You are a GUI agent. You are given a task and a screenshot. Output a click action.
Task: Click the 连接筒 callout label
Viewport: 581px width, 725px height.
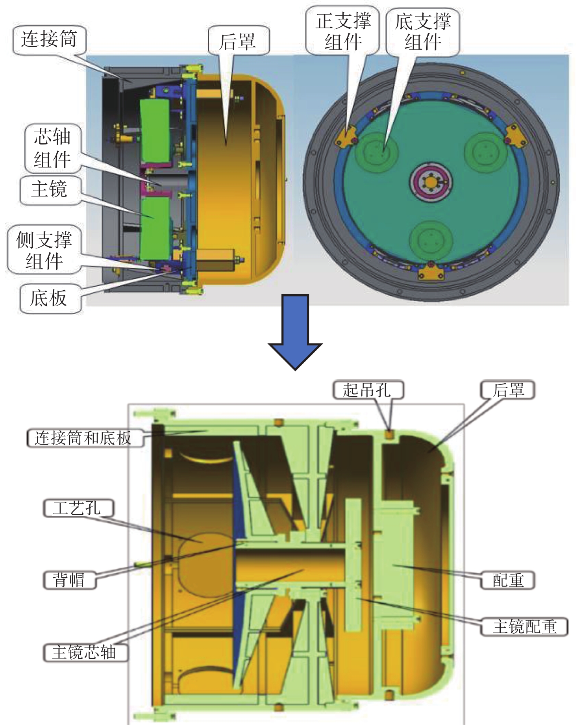pos(49,39)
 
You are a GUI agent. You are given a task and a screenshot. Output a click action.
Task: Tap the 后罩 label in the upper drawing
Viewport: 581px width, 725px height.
pos(238,41)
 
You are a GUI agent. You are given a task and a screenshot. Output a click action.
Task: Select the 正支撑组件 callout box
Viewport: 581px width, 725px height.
pos(342,31)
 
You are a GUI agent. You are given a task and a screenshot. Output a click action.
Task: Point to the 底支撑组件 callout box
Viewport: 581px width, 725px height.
pos(423,32)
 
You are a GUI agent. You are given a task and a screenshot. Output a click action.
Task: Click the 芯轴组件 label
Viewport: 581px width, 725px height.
pos(52,148)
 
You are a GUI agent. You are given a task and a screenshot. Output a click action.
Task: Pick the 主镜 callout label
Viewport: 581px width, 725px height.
pos(49,190)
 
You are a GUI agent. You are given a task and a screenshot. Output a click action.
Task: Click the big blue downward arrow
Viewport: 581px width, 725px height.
pos(295,331)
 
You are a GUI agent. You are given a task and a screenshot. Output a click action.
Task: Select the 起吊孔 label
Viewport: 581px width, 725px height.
pos(368,390)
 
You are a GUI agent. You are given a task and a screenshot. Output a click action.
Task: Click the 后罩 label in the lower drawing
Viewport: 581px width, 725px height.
pos(508,390)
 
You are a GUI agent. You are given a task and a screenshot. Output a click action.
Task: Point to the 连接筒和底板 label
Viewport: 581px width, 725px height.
pos(83,438)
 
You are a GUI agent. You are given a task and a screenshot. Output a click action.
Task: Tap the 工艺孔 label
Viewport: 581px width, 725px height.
pos(78,509)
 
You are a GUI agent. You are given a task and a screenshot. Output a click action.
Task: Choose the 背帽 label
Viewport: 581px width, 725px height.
pos(69,580)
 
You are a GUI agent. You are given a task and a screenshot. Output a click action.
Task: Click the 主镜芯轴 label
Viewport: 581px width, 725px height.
pos(85,653)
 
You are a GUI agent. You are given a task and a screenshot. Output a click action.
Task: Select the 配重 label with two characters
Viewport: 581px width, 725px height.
pos(508,580)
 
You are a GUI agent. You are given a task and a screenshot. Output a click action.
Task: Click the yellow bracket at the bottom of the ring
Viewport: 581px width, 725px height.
pos(432,272)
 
